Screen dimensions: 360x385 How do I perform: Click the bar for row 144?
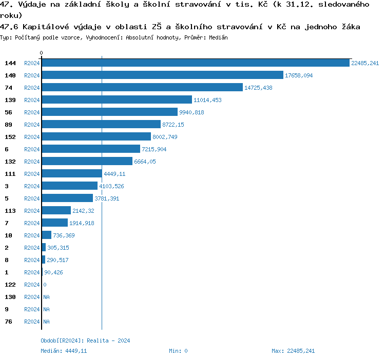[x=195, y=63]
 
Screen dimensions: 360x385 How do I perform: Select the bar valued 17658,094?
[x=162, y=75]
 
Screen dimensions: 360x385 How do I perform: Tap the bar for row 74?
[x=142, y=88]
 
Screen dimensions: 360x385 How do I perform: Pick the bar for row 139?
[x=117, y=100]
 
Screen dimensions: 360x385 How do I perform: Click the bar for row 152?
[x=97, y=137]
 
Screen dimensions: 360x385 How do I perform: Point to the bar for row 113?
[x=56, y=211]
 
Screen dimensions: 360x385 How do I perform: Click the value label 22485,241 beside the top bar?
[x=365, y=63]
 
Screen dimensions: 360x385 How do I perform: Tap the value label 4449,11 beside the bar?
[x=114, y=174]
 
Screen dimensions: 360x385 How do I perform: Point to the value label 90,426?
[x=53, y=272]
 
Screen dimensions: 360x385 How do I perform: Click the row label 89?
[x=8, y=125]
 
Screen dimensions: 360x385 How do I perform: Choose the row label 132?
[x=10, y=162]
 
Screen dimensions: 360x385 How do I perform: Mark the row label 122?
[x=10, y=285]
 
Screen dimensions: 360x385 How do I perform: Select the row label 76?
[x=8, y=322]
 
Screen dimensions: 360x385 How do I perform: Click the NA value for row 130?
[x=46, y=297]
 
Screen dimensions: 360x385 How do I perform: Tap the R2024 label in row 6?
[x=32, y=149]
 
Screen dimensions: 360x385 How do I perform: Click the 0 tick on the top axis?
[x=42, y=53]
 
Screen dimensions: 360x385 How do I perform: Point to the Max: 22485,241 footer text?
[x=293, y=351]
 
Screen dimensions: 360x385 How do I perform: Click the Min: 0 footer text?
[x=178, y=351]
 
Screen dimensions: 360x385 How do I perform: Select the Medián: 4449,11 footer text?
[x=64, y=351]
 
